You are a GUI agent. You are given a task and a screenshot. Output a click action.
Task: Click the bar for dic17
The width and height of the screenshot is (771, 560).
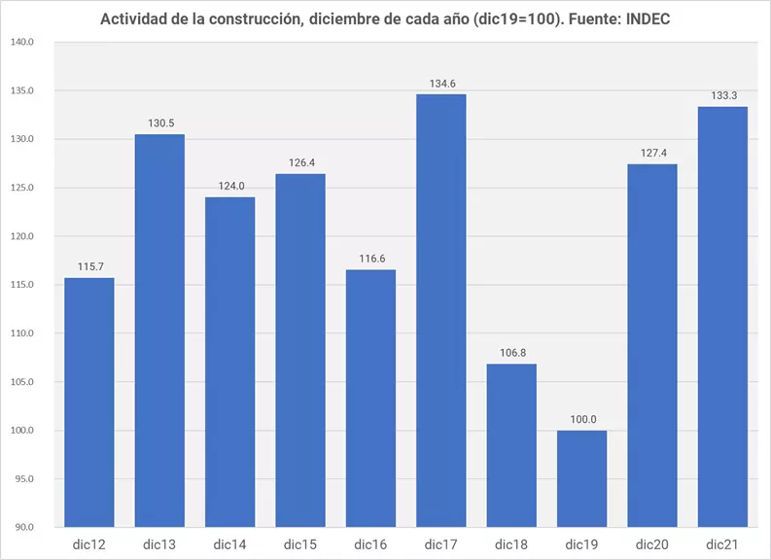pos(441,311)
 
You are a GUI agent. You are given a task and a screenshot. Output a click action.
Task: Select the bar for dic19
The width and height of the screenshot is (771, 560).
pos(582,478)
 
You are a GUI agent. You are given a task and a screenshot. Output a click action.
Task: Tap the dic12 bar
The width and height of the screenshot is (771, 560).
pos(89,402)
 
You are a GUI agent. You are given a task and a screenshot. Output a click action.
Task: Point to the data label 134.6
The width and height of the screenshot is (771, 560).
pos(441,84)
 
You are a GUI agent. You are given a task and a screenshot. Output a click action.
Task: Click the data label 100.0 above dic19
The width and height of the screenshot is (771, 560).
pos(582,419)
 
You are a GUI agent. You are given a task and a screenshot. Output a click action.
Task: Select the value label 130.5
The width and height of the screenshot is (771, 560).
pos(159,123)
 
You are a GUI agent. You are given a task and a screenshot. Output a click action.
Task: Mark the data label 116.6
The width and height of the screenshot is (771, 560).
pos(370,259)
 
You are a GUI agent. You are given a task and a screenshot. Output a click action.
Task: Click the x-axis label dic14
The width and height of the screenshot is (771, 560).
pos(230,543)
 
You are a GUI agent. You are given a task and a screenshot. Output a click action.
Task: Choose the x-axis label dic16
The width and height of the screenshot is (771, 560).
pos(370,543)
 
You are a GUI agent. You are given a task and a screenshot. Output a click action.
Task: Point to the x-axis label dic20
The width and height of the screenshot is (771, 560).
pos(652,543)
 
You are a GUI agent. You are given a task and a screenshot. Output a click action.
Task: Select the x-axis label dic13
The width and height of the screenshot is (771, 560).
pos(159,543)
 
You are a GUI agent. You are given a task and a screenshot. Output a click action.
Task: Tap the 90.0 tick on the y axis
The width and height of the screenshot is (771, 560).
pos(23,528)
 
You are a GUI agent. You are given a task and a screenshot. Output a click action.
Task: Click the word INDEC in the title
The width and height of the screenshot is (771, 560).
pos(647,19)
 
